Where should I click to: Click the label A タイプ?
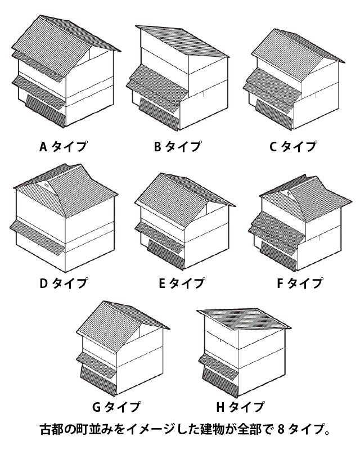(x=63, y=147)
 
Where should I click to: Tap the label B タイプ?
(x=177, y=147)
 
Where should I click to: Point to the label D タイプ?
(x=63, y=283)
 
